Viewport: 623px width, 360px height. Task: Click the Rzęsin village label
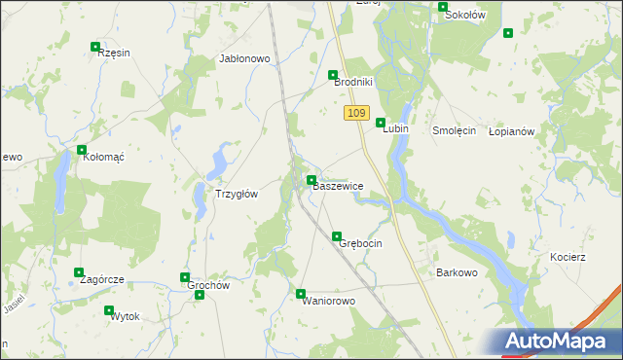[114, 54]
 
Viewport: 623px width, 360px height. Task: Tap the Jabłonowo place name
[244, 58]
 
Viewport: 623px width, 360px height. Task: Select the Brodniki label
[353, 83]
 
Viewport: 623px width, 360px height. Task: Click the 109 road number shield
[355, 114]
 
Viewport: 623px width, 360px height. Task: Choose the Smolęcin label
[454, 130]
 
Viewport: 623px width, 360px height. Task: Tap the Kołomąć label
[101, 156]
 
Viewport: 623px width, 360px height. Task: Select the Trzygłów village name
[236, 194]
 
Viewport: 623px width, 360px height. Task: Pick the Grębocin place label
[360, 242]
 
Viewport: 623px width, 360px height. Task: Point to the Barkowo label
[457, 272]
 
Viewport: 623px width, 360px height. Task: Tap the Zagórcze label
[102, 279]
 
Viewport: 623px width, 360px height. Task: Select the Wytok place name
[126, 317]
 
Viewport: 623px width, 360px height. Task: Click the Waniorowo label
[329, 301]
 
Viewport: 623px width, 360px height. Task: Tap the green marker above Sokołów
[443, 7]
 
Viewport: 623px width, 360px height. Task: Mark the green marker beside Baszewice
[311, 180]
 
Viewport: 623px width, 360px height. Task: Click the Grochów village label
[208, 286]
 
